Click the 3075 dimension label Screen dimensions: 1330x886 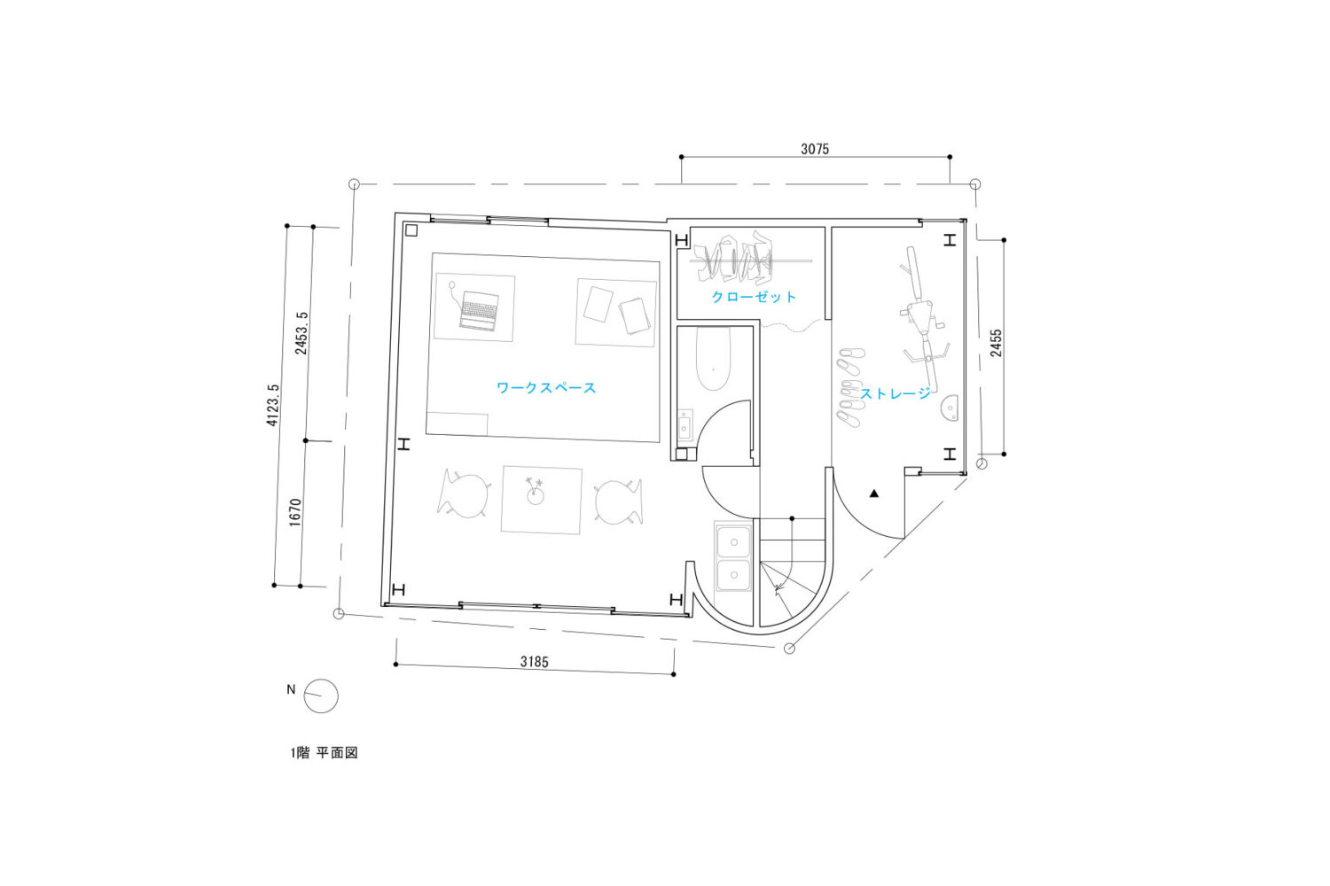815,149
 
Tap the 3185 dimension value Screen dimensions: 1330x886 535,662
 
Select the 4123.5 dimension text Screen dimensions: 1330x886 272,405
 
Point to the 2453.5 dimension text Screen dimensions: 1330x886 301,333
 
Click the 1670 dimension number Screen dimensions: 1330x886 295,513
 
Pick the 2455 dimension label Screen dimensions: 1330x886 996,343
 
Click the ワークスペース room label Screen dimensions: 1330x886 545,388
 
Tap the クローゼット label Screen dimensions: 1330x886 754,297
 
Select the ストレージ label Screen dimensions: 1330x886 896,393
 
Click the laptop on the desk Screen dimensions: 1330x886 479,310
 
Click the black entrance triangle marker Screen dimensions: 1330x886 874,494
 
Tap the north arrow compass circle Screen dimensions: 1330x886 321,696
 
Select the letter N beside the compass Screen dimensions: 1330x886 291,689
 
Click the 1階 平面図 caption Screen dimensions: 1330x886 325,752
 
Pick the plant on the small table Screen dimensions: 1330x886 536,492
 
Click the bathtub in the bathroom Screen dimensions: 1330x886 713,359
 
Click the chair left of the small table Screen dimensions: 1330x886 465,494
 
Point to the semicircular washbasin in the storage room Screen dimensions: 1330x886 950,408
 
